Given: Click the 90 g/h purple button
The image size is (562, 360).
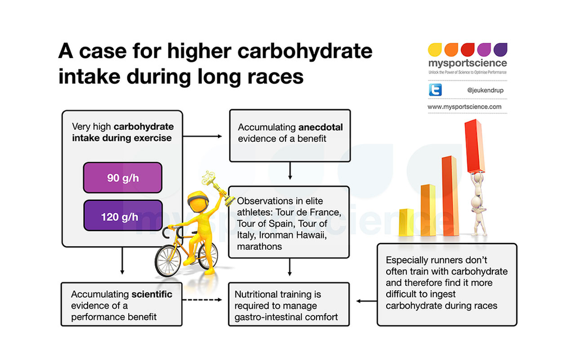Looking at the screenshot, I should coord(123,178).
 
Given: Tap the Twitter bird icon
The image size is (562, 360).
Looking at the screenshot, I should coord(435,90).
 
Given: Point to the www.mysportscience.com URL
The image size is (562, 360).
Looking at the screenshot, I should coord(464,106).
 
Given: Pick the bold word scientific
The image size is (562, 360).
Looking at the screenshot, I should coord(152,294).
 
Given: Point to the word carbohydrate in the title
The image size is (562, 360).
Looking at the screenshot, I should coord(297,51).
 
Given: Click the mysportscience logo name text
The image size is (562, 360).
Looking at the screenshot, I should coord(466,63).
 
